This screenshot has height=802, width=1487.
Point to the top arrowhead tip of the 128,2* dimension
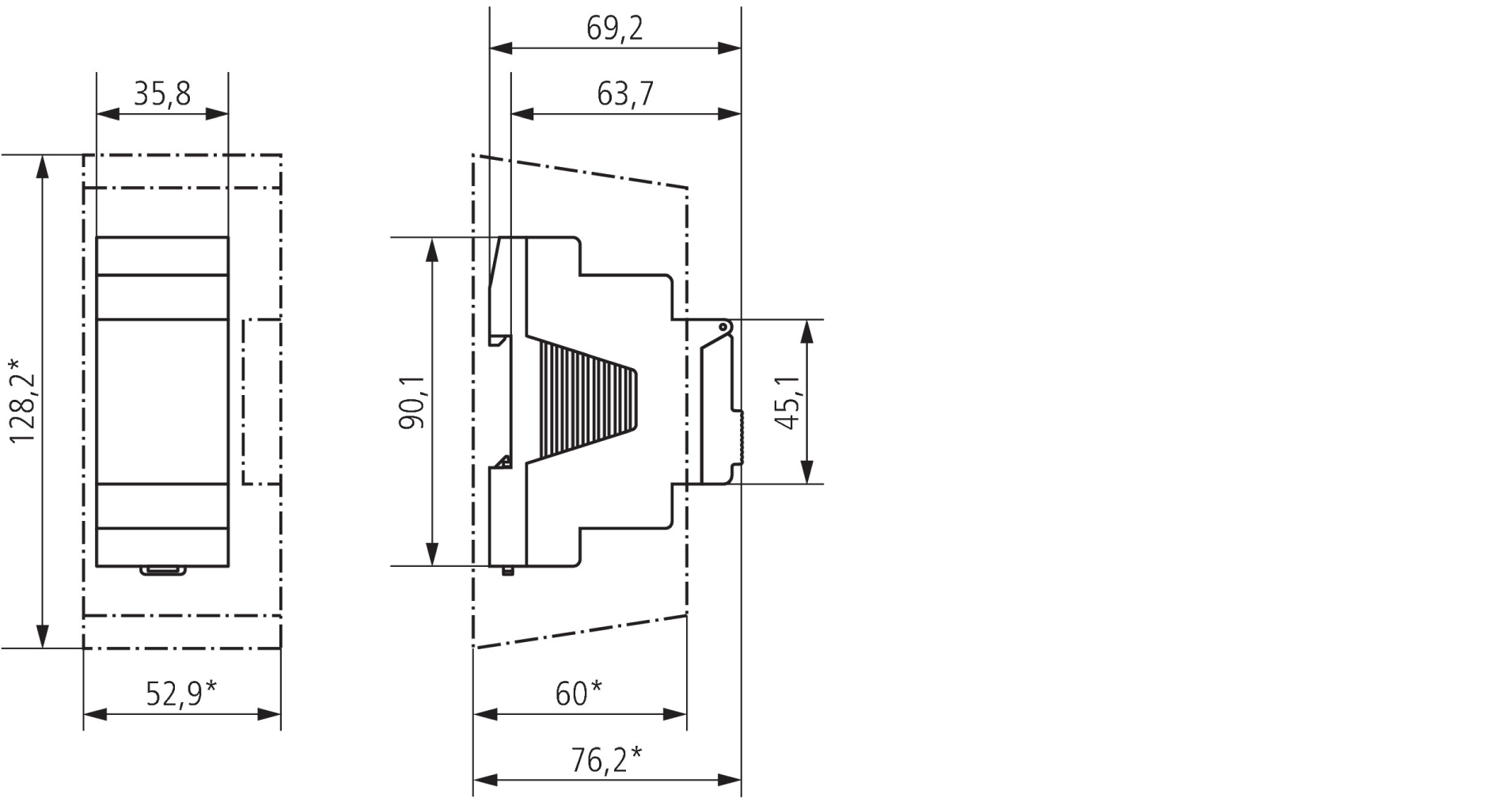pos(43,155)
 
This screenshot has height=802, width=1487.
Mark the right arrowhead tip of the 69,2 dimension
pos(741,48)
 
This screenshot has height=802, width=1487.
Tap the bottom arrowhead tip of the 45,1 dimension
pos(807,483)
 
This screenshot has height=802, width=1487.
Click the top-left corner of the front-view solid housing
pos(97,237)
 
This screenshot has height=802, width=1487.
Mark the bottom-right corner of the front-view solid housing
pos(229,567)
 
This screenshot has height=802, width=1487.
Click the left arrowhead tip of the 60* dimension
pos(473,715)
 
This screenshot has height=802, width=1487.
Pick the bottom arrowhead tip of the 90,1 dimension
pos(432,565)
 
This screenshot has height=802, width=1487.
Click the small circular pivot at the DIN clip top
pos(723,327)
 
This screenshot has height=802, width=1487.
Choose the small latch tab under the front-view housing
pos(163,570)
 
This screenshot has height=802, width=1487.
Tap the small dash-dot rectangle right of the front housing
pos(262,401)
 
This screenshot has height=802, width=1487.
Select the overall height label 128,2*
pos(22,401)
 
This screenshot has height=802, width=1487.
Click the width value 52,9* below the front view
pos(181,694)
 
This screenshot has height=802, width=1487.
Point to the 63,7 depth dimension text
pos(625,93)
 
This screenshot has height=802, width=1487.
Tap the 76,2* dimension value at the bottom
pos(606,759)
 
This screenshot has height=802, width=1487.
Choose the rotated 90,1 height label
pos(412,401)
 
